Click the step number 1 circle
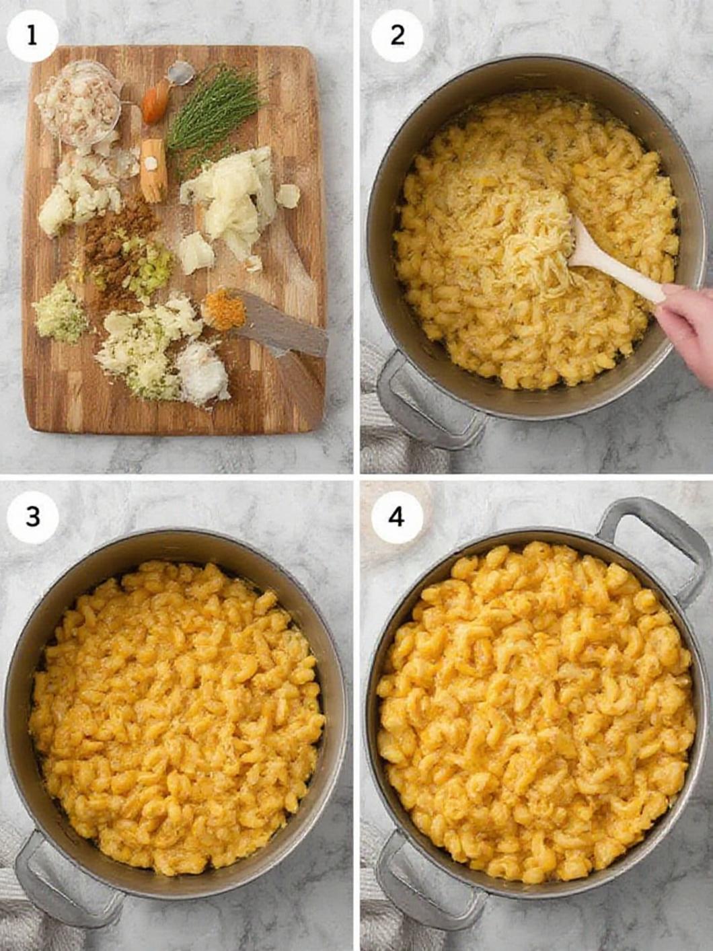click(32, 36)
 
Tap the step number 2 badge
click(398, 36)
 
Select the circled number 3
click(32, 517)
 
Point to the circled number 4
click(398, 517)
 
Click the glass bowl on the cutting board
click(77, 101)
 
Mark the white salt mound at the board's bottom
click(202, 373)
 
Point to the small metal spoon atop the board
click(180, 73)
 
